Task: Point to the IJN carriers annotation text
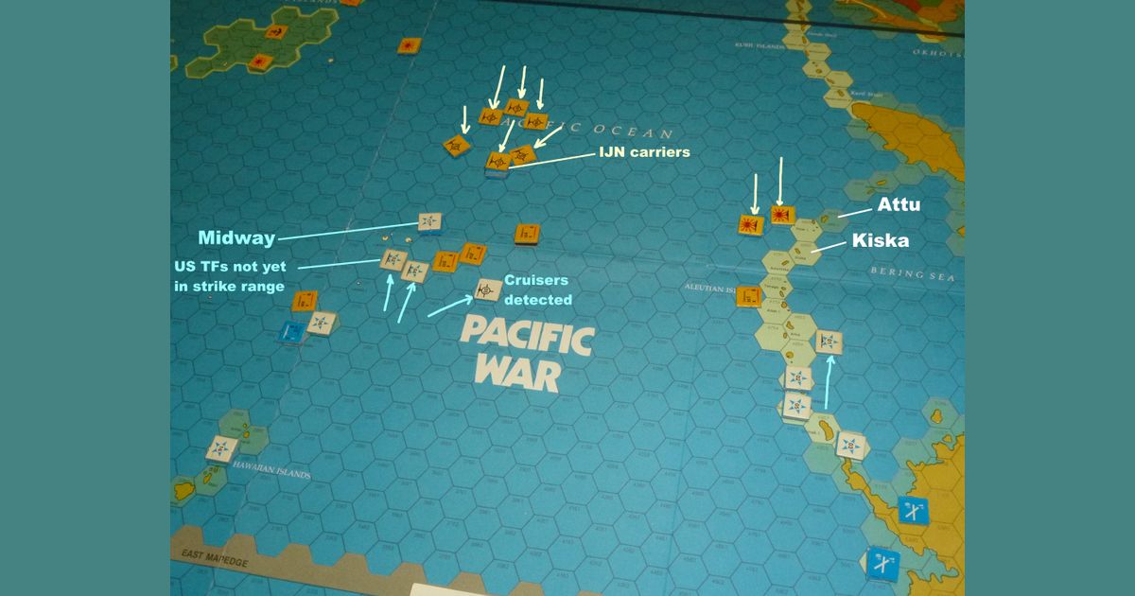(643, 151)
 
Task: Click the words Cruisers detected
(537, 289)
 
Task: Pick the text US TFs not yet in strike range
(229, 276)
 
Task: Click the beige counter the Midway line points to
(430, 221)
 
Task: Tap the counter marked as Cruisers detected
(488, 289)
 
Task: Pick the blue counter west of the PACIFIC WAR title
(293, 332)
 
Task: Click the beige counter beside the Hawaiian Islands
(221, 447)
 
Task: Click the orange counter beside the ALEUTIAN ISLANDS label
(748, 296)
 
